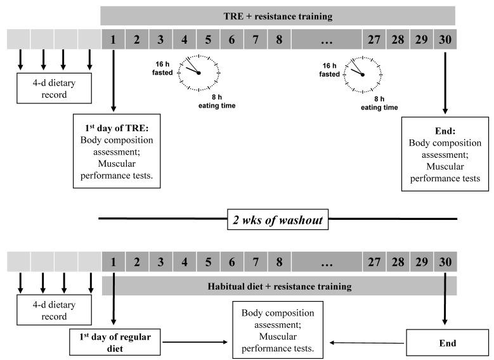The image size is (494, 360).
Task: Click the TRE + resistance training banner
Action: point(278,16)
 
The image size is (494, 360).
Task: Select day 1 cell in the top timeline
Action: point(114,39)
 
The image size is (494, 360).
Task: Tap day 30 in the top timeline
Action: point(445,39)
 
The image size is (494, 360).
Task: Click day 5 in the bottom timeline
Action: point(208,262)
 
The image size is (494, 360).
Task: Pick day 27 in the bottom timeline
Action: point(374,262)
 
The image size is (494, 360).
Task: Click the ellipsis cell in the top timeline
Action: point(327,39)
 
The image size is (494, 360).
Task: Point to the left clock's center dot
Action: point(198,73)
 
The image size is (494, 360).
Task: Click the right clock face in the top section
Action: point(363,75)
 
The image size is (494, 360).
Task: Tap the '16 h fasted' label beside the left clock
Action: point(162,68)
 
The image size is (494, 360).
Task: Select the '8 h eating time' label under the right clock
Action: point(379,103)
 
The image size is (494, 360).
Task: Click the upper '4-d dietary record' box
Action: point(54,88)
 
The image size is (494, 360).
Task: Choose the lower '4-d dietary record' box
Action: point(54,310)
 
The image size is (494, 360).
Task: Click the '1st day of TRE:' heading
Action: point(117,128)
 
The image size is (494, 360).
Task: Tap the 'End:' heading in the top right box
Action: point(445,131)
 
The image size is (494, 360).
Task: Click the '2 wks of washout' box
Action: point(278,219)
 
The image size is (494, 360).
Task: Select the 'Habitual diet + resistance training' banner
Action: point(280,286)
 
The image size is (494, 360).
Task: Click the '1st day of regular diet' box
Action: point(115,342)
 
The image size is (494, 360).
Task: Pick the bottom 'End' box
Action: point(447,343)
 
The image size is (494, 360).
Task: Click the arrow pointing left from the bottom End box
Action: point(367,343)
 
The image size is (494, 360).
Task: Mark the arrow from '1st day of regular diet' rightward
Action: point(195,342)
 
